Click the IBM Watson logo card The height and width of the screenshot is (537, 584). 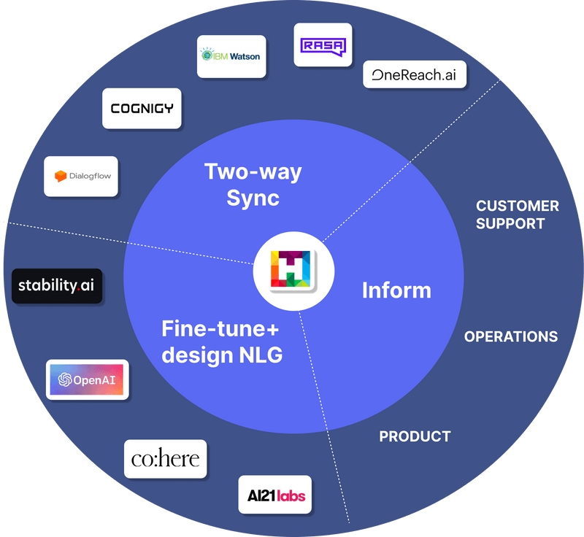coord(231,56)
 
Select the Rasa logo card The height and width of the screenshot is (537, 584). coord(323,45)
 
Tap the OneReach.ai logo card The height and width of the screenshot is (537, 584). coord(415,74)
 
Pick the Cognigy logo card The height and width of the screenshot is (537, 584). coord(142,108)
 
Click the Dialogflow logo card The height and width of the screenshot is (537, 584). coord(81,176)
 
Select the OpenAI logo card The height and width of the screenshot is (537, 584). coord(88,379)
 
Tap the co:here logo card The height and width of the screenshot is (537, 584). coord(165,459)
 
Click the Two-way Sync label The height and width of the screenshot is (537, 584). coord(253,185)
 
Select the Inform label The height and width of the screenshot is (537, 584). coord(396,290)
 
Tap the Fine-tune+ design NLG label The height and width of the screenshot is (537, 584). coord(221,342)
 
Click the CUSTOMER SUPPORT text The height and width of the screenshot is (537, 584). coord(517,215)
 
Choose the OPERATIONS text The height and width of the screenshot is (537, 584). coord(511,336)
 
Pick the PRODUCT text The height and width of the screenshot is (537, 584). coord(415,436)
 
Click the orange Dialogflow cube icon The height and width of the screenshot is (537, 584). coord(61,176)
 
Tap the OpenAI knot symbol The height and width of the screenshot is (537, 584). coord(65,379)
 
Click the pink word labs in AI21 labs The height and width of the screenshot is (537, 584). coord(290,497)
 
